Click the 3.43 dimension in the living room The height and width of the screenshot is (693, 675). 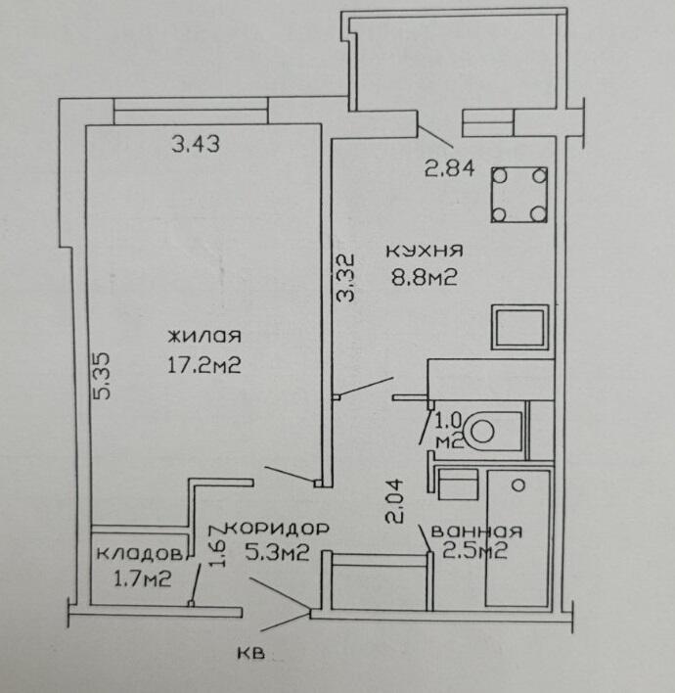click(x=196, y=144)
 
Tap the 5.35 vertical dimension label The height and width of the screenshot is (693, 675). click(x=103, y=376)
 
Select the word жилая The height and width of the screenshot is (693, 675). click(x=204, y=337)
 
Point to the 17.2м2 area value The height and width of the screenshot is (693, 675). click(x=204, y=365)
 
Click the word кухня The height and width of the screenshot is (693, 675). click(x=425, y=251)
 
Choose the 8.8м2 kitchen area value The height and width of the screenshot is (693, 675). click(x=424, y=278)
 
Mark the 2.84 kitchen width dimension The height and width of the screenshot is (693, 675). click(x=449, y=168)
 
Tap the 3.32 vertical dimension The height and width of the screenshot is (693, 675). click(x=345, y=277)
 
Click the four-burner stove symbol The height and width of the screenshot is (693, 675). click(x=519, y=195)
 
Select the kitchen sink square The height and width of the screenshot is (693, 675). click(x=519, y=327)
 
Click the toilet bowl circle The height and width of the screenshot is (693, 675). click(x=482, y=431)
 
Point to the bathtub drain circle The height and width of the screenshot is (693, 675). click(x=518, y=485)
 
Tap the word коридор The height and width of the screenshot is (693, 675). click(x=278, y=529)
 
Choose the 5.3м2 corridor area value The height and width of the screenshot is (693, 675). click(x=277, y=552)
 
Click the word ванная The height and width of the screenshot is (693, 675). click(x=476, y=531)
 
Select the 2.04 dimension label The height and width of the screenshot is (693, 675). click(x=394, y=501)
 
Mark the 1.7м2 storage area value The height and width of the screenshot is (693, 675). click(x=142, y=579)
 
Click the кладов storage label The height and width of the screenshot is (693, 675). click(x=139, y=554)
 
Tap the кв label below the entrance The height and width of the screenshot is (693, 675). click(x=251, y=653)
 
